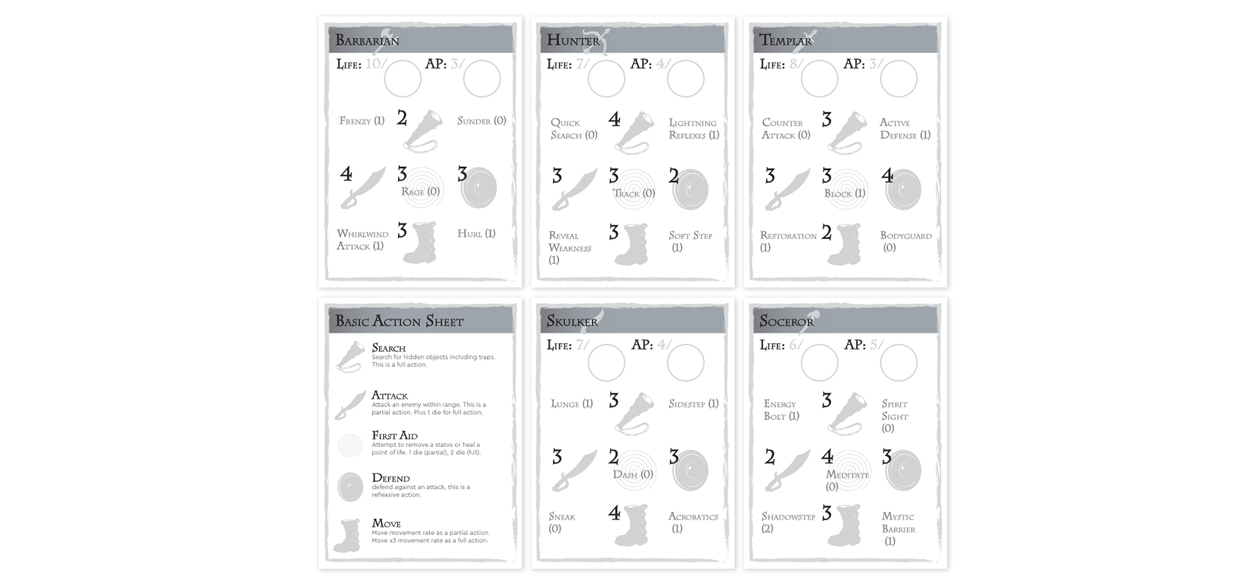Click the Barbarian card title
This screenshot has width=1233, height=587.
(x=367, y=41)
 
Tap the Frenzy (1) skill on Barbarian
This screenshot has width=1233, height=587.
(x=362, y=121)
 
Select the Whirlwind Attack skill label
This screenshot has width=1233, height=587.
(x=362, y=240)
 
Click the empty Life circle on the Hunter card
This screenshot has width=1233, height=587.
(x=606, y=79)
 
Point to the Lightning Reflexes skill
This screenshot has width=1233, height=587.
(x=694, y=129)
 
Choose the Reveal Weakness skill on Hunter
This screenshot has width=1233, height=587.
(x=569, y=247)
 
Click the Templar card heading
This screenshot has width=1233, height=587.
(x=785, y=41)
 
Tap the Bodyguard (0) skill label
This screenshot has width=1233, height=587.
(x=905, y=241)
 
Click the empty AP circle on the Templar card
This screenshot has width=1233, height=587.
(x=898, y=79)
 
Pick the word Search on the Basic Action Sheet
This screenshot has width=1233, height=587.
(x=389, y=348)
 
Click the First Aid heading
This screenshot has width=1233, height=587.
(x=394, y=435)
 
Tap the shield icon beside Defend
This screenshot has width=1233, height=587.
(x=351, y=487)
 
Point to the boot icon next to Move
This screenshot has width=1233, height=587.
(x=347, y=536)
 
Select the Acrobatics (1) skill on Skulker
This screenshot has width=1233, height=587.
(x=693, y=522)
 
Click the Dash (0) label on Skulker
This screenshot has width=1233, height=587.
(x=633, y=475)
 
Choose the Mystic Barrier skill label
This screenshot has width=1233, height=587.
(x=898, y=529)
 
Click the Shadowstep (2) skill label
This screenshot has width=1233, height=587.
(x=788, y=522)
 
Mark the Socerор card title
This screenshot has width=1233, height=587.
(x=786, y=321)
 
